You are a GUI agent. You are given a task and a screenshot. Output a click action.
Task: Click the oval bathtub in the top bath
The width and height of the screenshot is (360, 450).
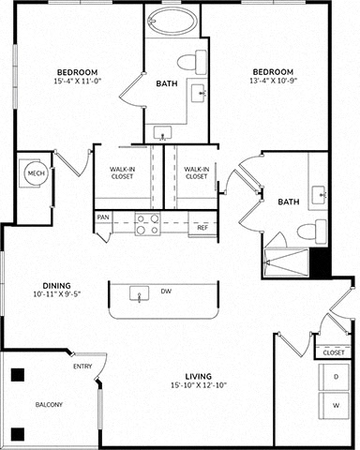click(x=172, y=20)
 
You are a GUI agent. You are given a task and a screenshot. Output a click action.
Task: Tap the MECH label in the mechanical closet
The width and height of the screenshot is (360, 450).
click(x=37, y=173)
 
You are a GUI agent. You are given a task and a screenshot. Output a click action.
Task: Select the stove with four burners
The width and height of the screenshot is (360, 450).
click(x=147, y=224)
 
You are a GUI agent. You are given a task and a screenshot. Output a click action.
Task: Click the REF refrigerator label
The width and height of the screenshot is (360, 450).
click(x=202, y=228)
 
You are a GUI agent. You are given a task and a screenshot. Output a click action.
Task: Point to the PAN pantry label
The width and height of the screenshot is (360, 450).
click(x=103, y=217)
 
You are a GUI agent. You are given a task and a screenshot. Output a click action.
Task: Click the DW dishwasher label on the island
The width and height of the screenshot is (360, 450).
click(x=166, y=292)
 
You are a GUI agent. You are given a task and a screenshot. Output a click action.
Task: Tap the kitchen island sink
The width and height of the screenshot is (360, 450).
click(x=139, y=293)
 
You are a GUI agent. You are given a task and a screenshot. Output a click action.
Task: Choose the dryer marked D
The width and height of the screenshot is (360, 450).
click(x=334, y=377)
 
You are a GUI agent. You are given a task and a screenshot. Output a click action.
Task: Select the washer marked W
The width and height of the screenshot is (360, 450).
click(x=334, y=406)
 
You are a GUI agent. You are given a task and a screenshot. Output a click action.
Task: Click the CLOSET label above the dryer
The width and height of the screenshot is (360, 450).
click(x=334, y=352)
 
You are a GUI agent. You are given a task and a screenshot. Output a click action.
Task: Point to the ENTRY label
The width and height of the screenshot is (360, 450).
click(x=82, y=367)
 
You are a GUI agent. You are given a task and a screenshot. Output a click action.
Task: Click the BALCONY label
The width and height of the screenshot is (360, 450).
click(x=49, y=405)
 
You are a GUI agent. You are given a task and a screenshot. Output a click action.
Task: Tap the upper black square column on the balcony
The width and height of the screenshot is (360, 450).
click(x=18, y=375)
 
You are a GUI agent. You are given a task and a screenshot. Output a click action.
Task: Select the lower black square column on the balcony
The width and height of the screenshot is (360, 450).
click(x=18, y=434)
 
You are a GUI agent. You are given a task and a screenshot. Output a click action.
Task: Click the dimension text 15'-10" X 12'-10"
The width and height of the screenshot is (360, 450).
click(x=199, y=385)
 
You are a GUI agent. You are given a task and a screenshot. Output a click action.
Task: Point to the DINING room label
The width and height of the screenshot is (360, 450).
click(x=56, y=286)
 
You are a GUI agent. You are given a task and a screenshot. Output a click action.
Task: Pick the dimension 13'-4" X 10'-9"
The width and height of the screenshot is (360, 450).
click(x=273, y=81)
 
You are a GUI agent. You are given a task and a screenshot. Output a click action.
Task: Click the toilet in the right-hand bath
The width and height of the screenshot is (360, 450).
click(x=311, y=232)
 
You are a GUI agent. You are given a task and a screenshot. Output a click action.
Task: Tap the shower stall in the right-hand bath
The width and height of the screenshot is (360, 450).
click(x=287, y=262)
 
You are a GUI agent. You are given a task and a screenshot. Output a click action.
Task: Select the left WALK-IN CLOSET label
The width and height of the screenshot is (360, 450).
click(x=122, y=172)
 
